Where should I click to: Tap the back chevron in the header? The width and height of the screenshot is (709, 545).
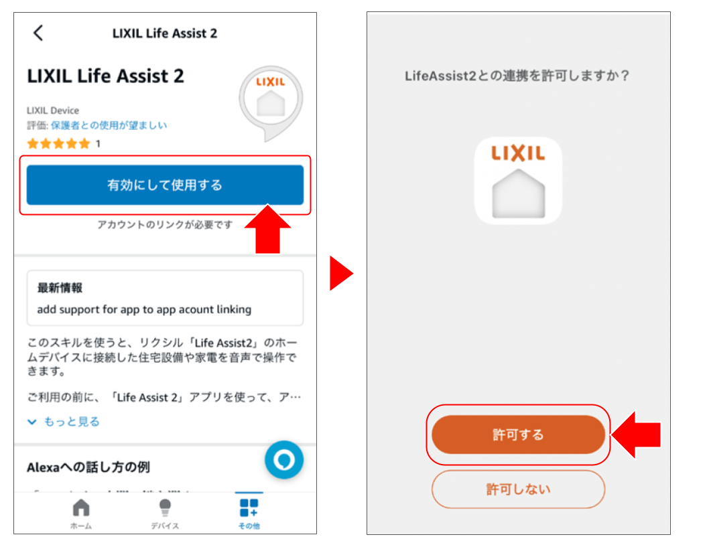[38, 33]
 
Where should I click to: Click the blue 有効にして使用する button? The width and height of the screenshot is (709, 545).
[165, 185]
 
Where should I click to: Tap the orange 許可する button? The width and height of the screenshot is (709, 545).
[518, 435]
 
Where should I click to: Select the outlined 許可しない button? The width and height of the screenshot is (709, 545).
[518, 489]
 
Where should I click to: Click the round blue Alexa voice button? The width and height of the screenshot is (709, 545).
[284, 460]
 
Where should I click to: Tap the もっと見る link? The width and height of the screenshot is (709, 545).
[64, 421]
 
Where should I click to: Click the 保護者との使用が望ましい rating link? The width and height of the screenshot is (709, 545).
[109, 125]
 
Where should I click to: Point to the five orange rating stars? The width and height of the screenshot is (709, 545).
[58, 143]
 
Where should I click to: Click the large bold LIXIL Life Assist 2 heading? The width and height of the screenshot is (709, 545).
[105, 76]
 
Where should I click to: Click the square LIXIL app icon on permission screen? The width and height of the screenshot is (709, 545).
[518, 180]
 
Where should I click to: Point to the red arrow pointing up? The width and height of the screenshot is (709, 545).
[268, 229]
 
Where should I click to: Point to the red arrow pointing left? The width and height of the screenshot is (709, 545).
[637, 435]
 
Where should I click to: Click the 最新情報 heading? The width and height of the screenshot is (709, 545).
[60, 288]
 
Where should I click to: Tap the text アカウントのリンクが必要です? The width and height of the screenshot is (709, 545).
[165, 225]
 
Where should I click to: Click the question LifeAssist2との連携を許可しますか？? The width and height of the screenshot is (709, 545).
[517, 76]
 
